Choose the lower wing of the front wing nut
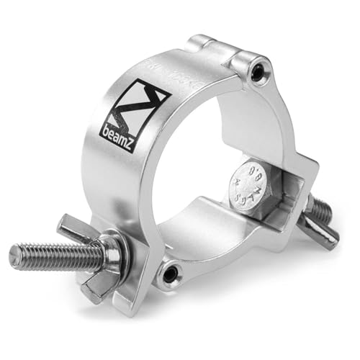pos(97,288)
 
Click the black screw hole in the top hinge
pos(257,70)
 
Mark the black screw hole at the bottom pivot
pos(171,273)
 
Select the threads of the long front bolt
pos(50,255)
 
